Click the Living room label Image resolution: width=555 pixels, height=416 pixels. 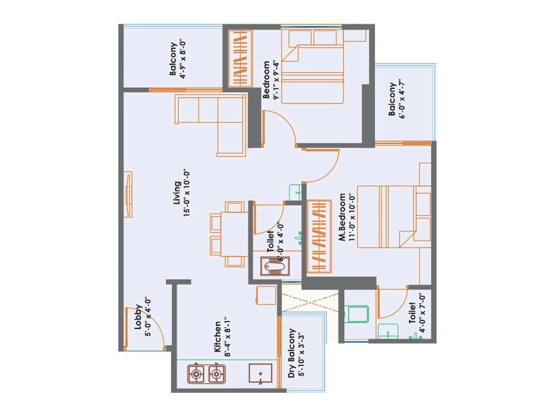point(177,193)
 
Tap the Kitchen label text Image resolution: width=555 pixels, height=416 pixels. point(217,336)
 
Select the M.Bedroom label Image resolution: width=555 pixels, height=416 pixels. point(342,217)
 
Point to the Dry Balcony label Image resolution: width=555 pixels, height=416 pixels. point(292,353)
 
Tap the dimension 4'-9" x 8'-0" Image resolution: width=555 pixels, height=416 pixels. point(183,59)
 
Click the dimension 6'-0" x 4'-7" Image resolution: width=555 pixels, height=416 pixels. point(402,99)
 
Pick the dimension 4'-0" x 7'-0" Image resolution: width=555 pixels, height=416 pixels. point(422,313)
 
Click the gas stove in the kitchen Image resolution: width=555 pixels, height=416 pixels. point(206,374)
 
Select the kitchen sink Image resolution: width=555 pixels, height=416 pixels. point(260,374)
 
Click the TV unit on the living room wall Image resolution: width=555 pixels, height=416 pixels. point(128,194)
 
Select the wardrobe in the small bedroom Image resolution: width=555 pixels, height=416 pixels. point(240,58)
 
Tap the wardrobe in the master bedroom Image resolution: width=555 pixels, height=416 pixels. point(319,236)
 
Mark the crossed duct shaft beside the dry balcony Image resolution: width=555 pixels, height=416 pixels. point(309,302)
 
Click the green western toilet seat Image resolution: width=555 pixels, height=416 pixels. point(358,314)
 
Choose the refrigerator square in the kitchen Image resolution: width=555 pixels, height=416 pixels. point(266,295)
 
